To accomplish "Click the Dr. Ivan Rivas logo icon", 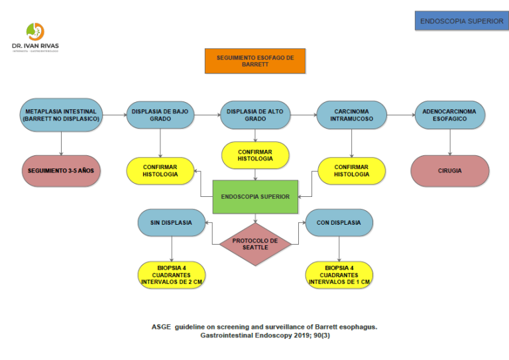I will click(x=35, y=31).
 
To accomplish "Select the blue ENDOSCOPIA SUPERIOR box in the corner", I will click(x=461, y=21).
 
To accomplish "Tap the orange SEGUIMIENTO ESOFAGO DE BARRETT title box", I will click(x=255, y=61).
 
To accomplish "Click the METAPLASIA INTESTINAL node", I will click(x=61, y=115).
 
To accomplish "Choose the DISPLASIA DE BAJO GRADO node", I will click(x=160, y=115).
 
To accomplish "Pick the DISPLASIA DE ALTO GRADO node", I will click(x=255, y=115).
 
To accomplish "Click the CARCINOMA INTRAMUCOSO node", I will click(x=351, y=115).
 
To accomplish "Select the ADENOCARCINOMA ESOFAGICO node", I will click(x=450, y=115).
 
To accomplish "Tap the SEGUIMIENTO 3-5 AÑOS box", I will click(x=61, y=170).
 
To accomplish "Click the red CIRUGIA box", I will click(x=450, y=170).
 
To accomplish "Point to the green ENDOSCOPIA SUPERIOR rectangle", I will click(x=255, y=196).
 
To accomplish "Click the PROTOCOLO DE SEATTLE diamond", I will click(x=255, y=244).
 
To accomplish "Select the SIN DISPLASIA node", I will click(x=171, y=223).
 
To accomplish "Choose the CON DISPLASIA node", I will click(x=339, y=223).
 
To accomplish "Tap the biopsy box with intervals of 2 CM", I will click(x=171, y=275).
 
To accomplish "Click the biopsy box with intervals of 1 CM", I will click(x=339, y=275).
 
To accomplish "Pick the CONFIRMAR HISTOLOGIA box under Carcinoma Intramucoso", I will click(x=351, y=170).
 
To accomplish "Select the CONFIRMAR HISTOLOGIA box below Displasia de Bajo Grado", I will click(x=160, y=170).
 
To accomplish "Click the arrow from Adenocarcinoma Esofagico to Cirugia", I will click(x=450, y=142).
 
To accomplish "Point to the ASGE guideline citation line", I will click(x=264, y=327).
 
